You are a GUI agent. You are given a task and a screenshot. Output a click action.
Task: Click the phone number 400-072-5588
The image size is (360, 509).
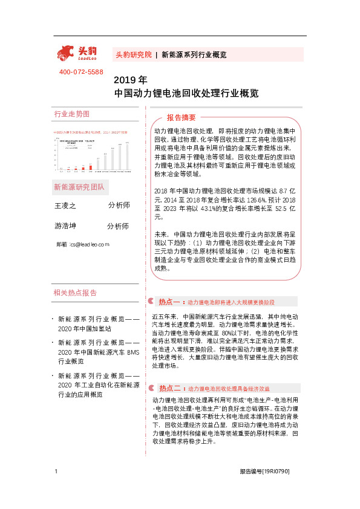point(81,73)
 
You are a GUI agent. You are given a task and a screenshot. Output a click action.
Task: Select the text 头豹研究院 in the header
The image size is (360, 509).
point(133,54)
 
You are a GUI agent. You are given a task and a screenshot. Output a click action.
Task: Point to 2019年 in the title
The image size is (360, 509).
point(130,80)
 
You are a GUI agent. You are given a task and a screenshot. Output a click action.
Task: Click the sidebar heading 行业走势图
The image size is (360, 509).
point(71,114)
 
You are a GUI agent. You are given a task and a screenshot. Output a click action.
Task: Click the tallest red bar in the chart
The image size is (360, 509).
point(98,163)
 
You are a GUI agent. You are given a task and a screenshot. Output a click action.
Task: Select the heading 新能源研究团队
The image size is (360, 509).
point(79,187)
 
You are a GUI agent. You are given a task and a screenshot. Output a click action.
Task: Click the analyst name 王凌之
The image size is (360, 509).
point(65,206)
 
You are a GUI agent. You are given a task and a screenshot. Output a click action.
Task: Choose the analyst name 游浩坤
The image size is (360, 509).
point(65,226)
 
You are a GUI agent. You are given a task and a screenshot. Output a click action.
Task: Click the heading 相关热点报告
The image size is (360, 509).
point(75,293)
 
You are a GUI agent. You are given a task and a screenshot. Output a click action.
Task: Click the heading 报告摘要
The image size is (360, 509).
point(182,117)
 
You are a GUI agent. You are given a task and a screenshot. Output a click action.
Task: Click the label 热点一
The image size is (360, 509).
point(170,301)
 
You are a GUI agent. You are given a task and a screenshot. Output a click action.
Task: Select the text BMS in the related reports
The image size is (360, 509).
point(131,352)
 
